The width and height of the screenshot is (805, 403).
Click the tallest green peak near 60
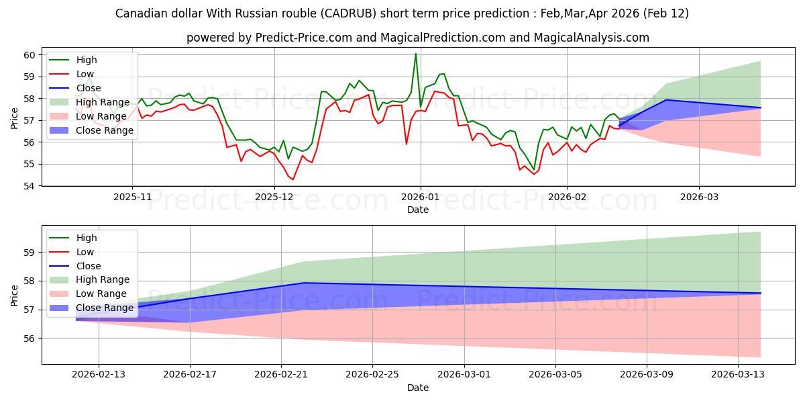416,54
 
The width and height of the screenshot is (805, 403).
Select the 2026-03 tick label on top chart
699,198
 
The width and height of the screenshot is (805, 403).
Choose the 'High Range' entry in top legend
102,102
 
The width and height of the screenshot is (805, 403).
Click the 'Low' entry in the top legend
85,74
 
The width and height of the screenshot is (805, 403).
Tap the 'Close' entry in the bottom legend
88,265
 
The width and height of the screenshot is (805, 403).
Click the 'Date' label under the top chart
417,210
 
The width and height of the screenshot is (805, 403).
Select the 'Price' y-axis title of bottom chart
15,295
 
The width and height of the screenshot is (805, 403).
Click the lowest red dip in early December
292,179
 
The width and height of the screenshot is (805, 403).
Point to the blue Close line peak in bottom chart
304,283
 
